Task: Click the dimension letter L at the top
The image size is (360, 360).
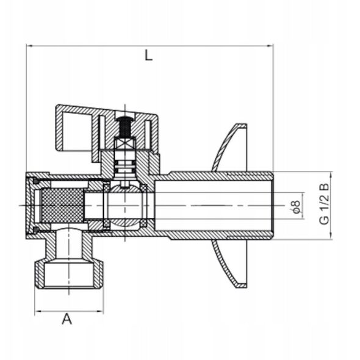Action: point(148,56)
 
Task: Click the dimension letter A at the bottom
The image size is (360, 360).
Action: point(67,319)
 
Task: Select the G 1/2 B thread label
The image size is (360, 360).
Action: point(324,204)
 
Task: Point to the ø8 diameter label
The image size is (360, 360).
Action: point(296,207)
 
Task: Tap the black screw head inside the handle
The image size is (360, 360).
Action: point(125,126)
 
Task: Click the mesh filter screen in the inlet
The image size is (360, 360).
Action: point(62,206)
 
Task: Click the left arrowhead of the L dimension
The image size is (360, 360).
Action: point(29,46)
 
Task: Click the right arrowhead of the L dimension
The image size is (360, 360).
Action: point(270,46)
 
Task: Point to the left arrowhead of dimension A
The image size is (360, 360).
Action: point(38,311)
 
